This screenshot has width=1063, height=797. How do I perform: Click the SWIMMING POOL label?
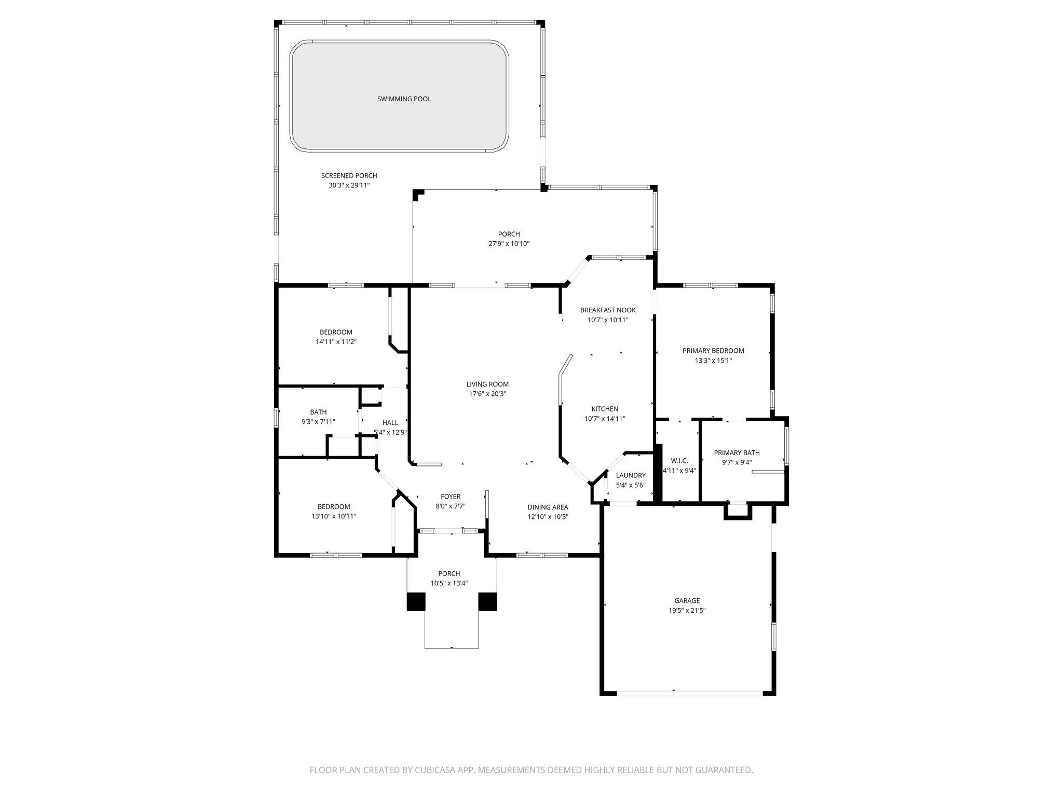coord(404,99)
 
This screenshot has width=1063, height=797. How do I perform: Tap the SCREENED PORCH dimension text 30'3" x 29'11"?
coord(349,185)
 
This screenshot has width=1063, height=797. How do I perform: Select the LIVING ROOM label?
coord(487,384)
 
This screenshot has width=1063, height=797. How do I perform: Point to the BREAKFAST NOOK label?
coord(608,310)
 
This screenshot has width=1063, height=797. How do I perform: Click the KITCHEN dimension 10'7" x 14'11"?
coord(605,419)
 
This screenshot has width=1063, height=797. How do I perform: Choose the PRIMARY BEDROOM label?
coord(713,351)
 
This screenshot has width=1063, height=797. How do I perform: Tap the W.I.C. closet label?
coord(679,461)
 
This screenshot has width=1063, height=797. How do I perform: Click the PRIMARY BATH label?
coord(737,453)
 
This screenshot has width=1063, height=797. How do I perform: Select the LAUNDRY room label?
coord(631,475)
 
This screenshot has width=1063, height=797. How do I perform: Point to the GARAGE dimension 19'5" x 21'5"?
coord(687,611)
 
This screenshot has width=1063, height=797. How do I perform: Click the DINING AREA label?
coord(548,507)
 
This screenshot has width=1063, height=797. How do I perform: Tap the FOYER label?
coord(451,497)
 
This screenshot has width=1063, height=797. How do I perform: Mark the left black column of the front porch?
coord(416,601)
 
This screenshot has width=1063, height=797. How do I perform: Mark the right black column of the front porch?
coord(487,601)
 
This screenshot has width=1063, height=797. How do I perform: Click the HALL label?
coord(390,423)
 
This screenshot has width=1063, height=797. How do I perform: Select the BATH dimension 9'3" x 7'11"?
coord(318,422)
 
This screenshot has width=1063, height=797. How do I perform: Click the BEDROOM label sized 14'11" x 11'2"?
coord(336,332)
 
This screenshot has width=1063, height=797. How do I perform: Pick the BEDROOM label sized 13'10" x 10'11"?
coord(334,506)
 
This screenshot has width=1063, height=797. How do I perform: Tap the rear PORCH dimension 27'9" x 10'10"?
coord(509,244)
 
